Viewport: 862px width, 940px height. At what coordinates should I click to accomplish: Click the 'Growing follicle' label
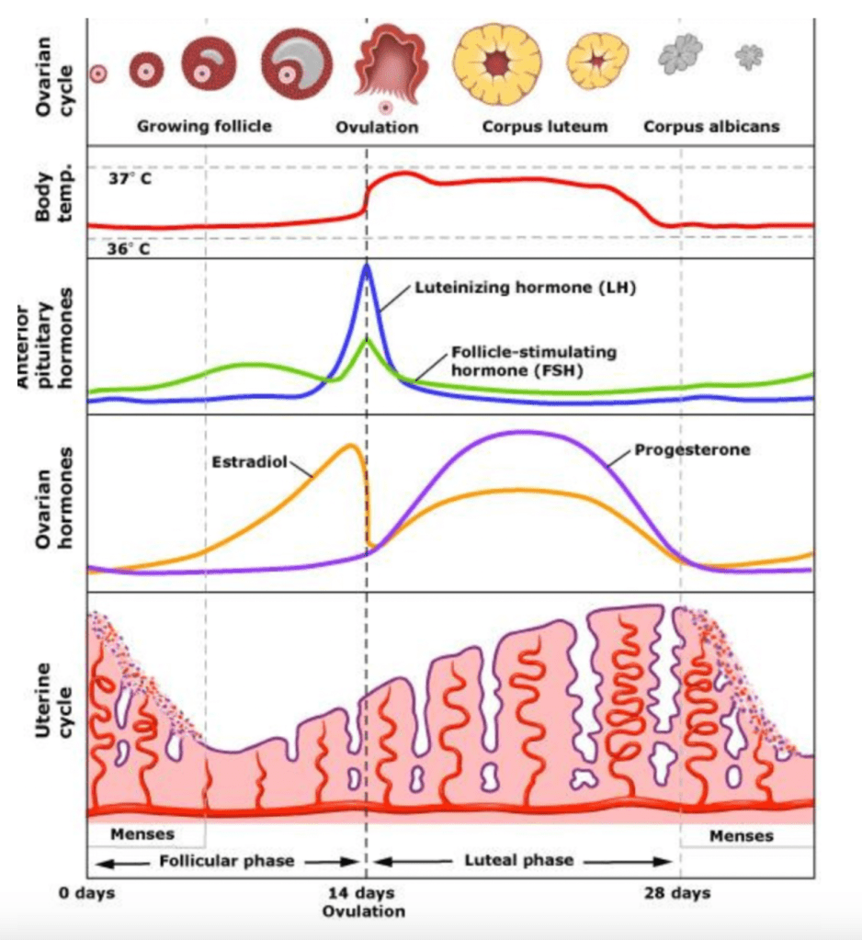[x=204, y=126]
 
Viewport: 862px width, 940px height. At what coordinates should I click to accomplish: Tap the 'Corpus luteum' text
[x=545, y=127]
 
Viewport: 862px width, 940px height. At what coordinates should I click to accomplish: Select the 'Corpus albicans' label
[x=710, y=127]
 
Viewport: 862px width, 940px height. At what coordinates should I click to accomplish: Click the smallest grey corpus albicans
[x=749, y=57]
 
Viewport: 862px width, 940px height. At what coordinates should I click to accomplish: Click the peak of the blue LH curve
[x=367, y=266]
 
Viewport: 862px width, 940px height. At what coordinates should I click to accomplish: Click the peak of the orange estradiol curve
[x=350, y=446]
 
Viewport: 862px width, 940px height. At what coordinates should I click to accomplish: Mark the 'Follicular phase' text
[x=226, y=861]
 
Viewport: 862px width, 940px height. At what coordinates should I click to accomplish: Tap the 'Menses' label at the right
[x=742, y=836]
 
